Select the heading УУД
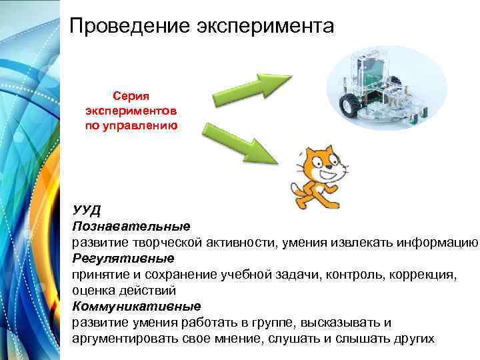point(87,211)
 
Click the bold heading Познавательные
point(131,227)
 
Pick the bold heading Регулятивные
point(123,258)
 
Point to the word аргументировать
point(125,339)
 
